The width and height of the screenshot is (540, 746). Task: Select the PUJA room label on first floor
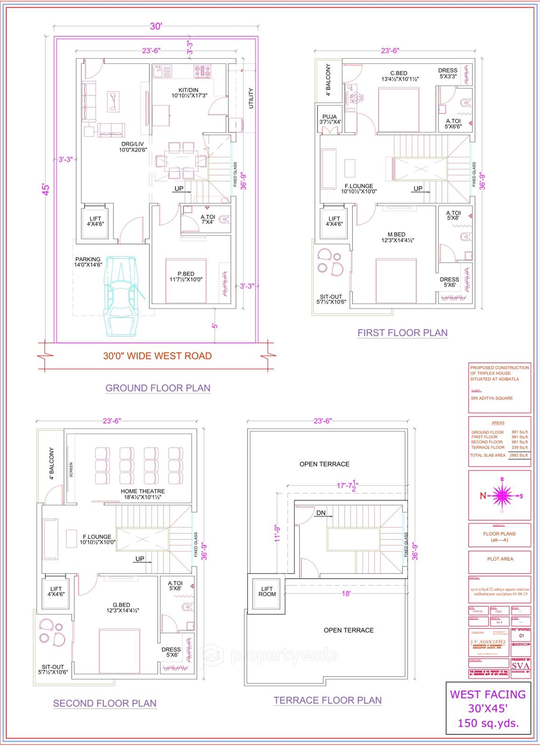point(330,117)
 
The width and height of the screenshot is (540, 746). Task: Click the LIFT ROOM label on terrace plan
point(267,591)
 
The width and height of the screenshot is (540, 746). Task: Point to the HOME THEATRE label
point(143,491)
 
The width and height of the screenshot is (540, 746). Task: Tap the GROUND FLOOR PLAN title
point(158,388)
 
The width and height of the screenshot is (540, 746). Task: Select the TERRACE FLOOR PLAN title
point(327,700)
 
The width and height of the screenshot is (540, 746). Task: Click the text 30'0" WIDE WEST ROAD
point(157,356)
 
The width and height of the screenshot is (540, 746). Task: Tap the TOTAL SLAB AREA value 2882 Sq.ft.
point(519,455)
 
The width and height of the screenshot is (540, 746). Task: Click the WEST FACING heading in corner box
point(487,694)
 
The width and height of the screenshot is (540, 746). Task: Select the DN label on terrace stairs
point(321,513)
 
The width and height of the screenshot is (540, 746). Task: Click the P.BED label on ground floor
point(186,274)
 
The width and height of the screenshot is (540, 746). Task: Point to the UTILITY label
point(251,98)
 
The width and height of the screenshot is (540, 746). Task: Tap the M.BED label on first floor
point(396,235)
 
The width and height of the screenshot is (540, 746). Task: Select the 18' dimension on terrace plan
point(346,594)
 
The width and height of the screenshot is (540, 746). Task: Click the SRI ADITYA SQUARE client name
point(492,398)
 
